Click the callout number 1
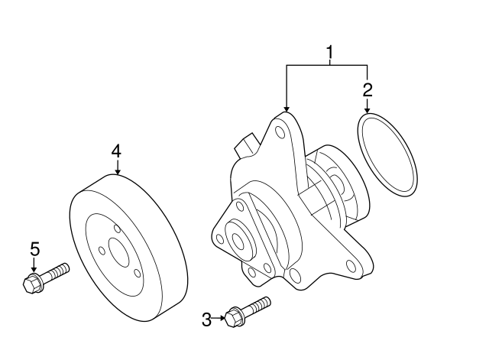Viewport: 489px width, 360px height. tap(329, 53)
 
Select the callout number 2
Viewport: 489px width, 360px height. tap(368, 90)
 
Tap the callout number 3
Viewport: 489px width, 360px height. tap(206, 319)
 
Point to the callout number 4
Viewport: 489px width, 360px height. tap(116, 152)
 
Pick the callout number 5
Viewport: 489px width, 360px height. tap(35, 249)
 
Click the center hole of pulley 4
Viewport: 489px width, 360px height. tap(118, 253)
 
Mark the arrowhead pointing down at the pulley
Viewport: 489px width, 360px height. tap(117, 171)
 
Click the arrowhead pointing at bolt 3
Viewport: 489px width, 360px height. tap(222, 318)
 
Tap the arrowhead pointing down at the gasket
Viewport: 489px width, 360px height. tap(367, 110)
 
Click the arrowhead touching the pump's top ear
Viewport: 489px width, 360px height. tap(287, 109)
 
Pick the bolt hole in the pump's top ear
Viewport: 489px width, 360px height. tap(280, 132)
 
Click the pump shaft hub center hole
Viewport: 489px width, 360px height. tap(238, 241)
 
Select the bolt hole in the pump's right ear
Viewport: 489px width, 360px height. tap(351, 266)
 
